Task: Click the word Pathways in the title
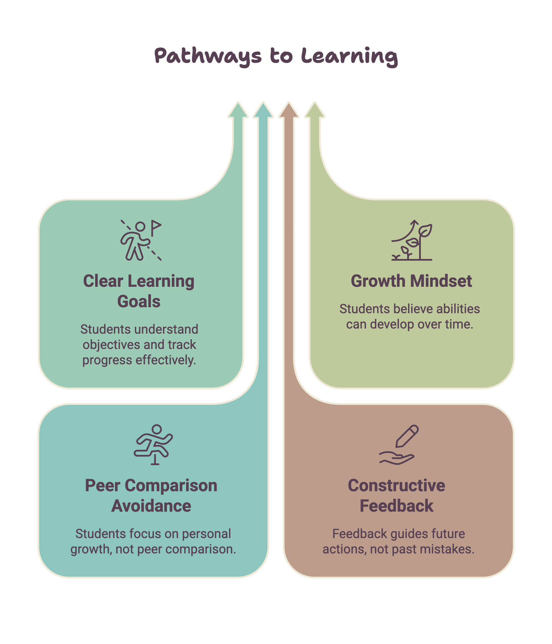pyautogui.click(x=208, y=56)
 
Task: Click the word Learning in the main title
pyautogui.click(x=349, y=56)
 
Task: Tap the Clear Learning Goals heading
pyautogui.click(x=139, y=291)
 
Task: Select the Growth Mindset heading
pyautogui.click(x=411, y=281)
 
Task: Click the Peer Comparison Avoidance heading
pyautogui.click(x=151, y=495)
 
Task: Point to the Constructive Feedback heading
pyautogui.click(x=396, y=495)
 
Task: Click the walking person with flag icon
pyautogui.click(x=141, y=240)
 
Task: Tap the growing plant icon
pyautogui.click(x=411, y=240)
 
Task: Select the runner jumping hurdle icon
pyautogui.click(x=153, y=444)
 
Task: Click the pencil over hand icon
pyautogui.click(x=399, y=444)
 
